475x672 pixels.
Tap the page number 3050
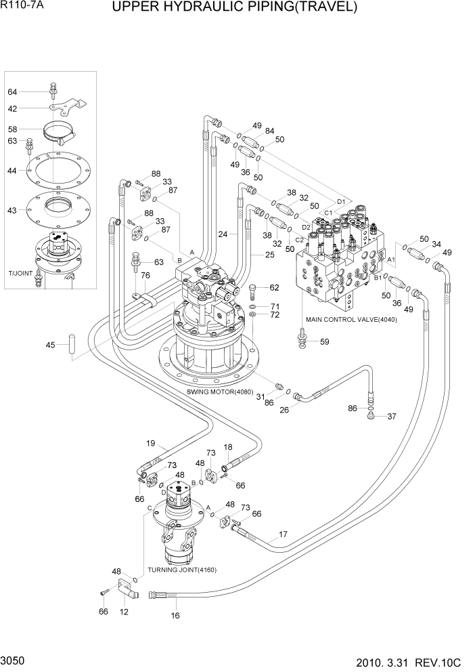click(x=13, y=659)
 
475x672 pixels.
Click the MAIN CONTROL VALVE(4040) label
click(x=350, y=319)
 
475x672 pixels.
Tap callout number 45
click(x=51, y=345)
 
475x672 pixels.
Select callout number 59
click(x=324, y=341)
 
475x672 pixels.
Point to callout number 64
click(x=12, y=92)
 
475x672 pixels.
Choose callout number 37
click(x=392, y=416)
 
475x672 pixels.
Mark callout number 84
click(x=269, y=131)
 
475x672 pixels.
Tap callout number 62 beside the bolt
click(x=274, y=288)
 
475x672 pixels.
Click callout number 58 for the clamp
click(x=12, y=129)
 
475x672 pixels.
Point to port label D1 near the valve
click(x=341, y=201)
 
